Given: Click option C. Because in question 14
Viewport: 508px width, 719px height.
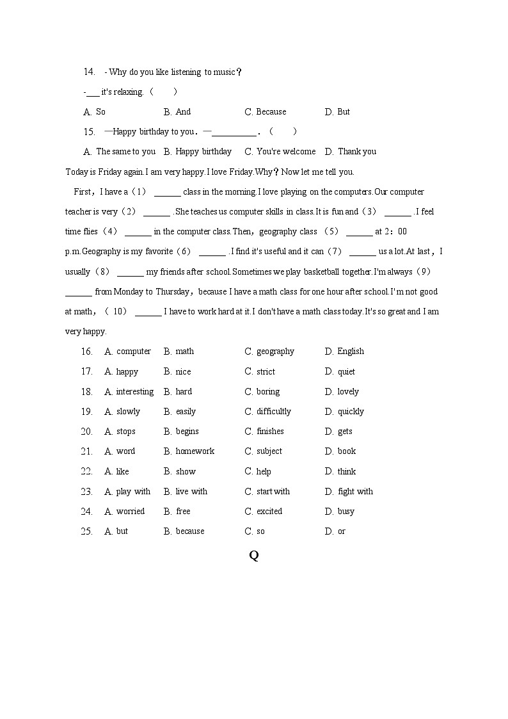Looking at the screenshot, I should (x=266, y=112).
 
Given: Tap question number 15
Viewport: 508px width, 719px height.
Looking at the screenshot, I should (x=89, y=132).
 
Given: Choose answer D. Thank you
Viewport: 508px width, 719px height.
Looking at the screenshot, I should (x=350, y=152).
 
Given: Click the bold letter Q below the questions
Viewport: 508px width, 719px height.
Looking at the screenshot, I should (x=253, y=556).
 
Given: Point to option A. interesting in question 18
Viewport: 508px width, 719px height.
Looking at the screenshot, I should (x=129, y=392).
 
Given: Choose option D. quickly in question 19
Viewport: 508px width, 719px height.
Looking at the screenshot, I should (x=344, y=412).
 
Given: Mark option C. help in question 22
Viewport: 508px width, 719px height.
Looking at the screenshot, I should (x=258, y=472).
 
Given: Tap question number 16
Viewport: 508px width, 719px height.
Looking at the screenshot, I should (x=87, y=351).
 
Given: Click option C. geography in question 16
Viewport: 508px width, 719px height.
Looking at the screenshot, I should (x=269, y=351).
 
